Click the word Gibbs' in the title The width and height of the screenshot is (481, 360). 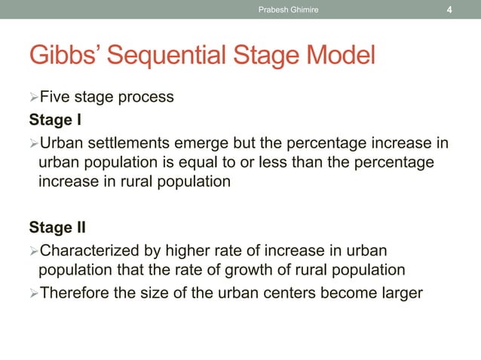[61, 56]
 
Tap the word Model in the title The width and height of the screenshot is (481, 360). [337, 56]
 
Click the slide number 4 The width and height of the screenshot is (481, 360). [449, 10]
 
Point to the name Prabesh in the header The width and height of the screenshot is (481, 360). [275, 10]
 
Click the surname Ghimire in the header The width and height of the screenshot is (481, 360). [305, 10]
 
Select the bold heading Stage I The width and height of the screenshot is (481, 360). [54, 120]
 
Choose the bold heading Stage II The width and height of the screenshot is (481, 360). [57, 227]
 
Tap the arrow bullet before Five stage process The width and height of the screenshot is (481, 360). [33, 98]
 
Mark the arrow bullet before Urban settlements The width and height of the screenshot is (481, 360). [33, 143]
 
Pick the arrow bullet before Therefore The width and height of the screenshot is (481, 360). [33, 292]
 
